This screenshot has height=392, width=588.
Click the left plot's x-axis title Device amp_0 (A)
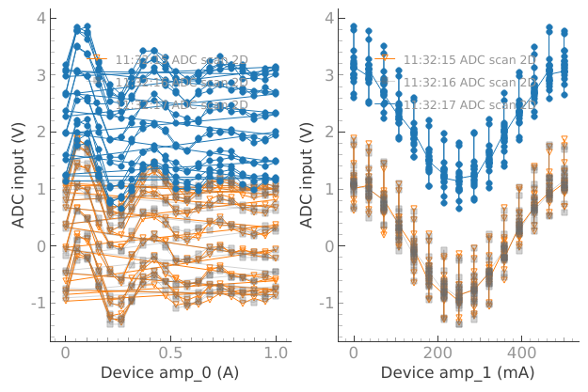[x=169, y=372]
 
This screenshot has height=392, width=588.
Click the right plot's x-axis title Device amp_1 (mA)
[x=457, y=372]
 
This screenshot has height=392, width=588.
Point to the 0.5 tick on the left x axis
[x=170, y=352]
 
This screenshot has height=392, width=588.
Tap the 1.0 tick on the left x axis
[x=276, y=352]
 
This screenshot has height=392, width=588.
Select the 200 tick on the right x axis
[x=437, y=352]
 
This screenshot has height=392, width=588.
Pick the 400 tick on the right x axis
[x=522, y=352]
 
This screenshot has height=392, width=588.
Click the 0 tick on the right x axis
[x=354, y=352]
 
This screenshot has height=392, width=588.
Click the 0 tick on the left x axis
[x=65, y=352]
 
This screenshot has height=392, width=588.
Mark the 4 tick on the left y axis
[x=40, y=18]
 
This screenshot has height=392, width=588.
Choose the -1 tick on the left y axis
[x=37, y=304]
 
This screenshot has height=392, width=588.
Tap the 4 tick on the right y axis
[x=328, y=18]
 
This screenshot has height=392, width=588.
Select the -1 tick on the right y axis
[x=325, y=304]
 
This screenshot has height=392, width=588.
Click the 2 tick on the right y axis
[x=328, y=132]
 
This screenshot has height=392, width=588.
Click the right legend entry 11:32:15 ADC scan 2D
[x=469, y=59]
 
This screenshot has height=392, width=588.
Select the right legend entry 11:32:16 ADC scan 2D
[x=469, y=82]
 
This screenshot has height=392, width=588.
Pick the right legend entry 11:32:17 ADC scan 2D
[x=469, y=104]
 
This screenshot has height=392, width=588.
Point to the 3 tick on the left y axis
[x=40, y=74]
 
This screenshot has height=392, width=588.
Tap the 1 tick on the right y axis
[x=328, y=189]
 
